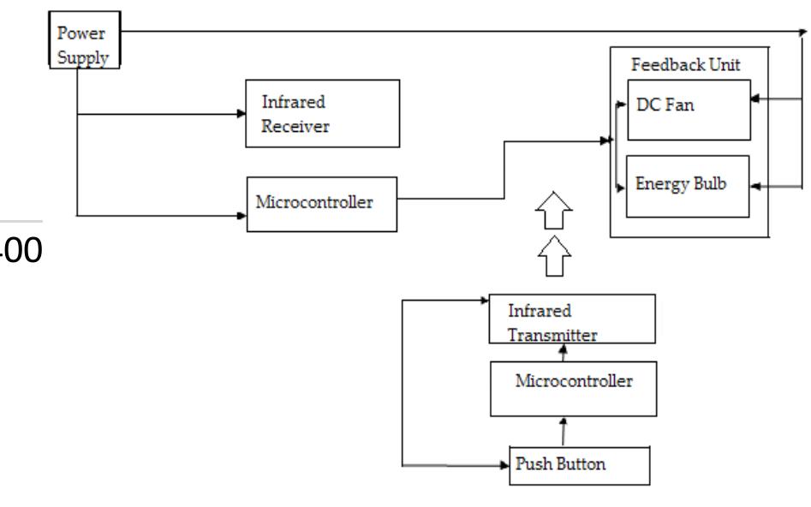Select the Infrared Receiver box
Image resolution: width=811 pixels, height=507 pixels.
pyautogui.click(x=322, y=113)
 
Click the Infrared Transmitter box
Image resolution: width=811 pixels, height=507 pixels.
pyautogui.click(x=571, y=319)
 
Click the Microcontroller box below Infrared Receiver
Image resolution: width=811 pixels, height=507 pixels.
pyautogui.click(x=322, y=205)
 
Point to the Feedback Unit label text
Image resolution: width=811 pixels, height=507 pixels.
pyautogui.click(x=674, y=65)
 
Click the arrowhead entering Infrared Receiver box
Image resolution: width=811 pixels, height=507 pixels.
pyautogui.click(x=241, y=113)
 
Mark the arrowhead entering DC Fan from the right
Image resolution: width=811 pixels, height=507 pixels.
pyautogui.click(x=755, y=98)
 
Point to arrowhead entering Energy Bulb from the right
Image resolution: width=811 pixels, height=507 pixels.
pyautogui.click(x=755, y=184)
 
